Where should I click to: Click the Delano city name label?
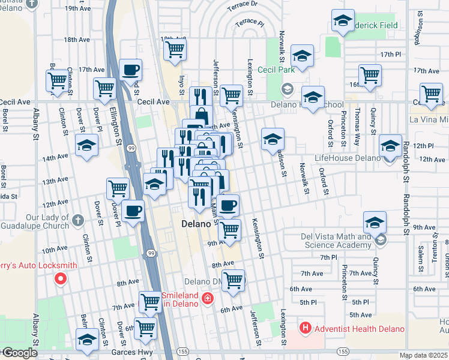coord(196,224)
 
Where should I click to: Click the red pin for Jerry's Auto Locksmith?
coord(60,278)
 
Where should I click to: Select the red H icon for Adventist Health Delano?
coord(306,328)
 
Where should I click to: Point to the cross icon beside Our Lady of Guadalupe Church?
coord(77,221)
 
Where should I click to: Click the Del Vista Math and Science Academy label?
coord(336,241)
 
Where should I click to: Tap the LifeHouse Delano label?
coord(348,158)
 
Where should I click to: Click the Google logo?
coord(19,353)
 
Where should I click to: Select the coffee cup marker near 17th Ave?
coord(130,70)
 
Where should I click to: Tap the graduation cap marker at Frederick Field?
coord(343,21)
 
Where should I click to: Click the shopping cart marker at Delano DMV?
coord(233,280)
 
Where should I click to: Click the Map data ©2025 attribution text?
coord(424,355)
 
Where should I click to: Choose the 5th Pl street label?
coord(360,302)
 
